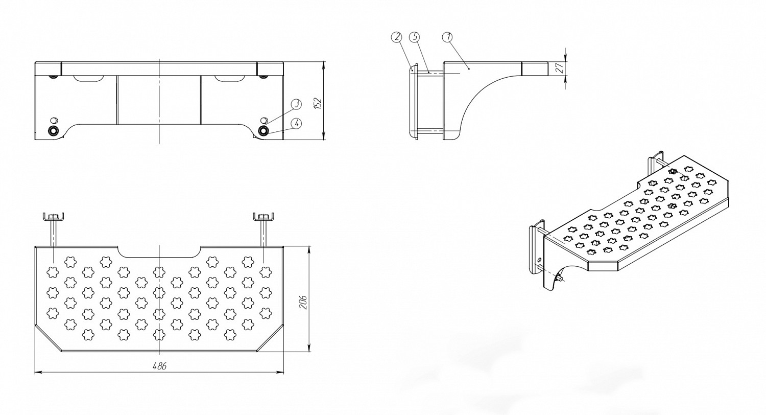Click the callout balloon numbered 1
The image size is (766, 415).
(x=448, y=37)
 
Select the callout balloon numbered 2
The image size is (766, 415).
(x=397, y=37)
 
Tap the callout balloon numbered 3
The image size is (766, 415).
(x=296, y=104)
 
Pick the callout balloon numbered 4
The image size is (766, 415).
(x=296, y=123)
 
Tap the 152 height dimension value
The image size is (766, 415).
(x=318, y=102)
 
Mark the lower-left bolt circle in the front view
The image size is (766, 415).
(x=53, y=130)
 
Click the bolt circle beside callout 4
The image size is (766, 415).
(x=264, y=130)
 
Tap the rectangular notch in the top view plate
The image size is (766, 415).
(x=159, y=252)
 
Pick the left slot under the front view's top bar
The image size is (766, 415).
(x=89, y=79)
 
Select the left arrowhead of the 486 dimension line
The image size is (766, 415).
(x=37, y=373)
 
